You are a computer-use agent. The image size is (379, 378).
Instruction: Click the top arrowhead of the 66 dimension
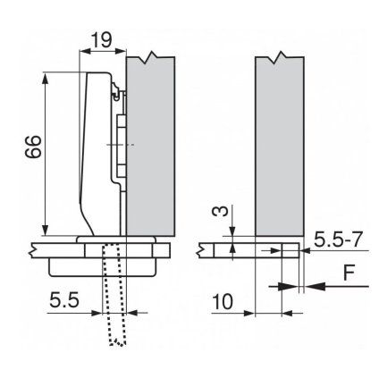point(43,75)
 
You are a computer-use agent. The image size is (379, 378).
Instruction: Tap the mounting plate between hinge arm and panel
point(122,134)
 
